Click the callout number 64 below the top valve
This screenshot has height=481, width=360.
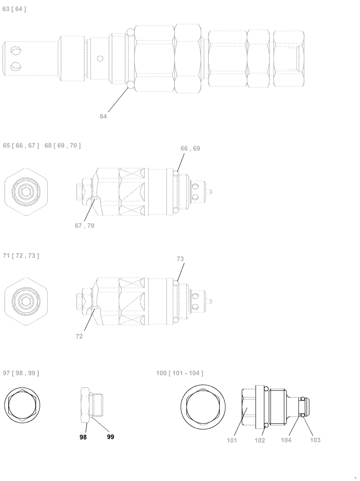click(x=104, y=116)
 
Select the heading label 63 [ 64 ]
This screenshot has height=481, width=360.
click(x=14, y=9)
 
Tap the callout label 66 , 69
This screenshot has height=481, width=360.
click(x=190, y=149)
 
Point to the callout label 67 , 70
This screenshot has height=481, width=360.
click(x=84, y=226)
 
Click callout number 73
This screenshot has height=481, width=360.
click(x=180, y=259)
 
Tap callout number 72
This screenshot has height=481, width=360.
click(x=79, y=337)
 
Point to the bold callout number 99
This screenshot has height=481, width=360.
click(x=110, y=437)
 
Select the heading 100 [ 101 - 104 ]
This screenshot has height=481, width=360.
click(x=180, y=373)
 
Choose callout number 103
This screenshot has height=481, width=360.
click(x=315, y=440)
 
